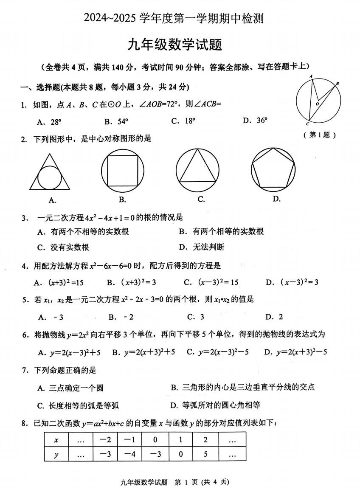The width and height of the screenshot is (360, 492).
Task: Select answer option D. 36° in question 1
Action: [255, 121]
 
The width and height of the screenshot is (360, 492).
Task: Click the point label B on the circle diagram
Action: [337, 84]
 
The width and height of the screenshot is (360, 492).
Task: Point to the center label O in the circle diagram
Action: [316, 104]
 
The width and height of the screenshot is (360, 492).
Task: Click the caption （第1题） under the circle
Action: [320, 135]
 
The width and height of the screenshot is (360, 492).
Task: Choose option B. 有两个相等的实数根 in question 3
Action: [221, 231]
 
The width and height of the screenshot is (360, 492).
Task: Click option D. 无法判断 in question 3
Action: [202, 247]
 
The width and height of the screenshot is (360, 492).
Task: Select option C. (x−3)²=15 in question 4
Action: [211, 282]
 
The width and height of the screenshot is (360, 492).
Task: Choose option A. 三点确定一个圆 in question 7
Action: [70, 388]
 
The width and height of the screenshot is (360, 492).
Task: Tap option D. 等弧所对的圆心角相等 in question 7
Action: [215, 405]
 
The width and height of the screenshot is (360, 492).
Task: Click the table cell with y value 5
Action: [205, 455]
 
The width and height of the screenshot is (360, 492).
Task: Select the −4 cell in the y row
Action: [130, 455]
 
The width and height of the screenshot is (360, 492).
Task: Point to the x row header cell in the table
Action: [56, 440]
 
